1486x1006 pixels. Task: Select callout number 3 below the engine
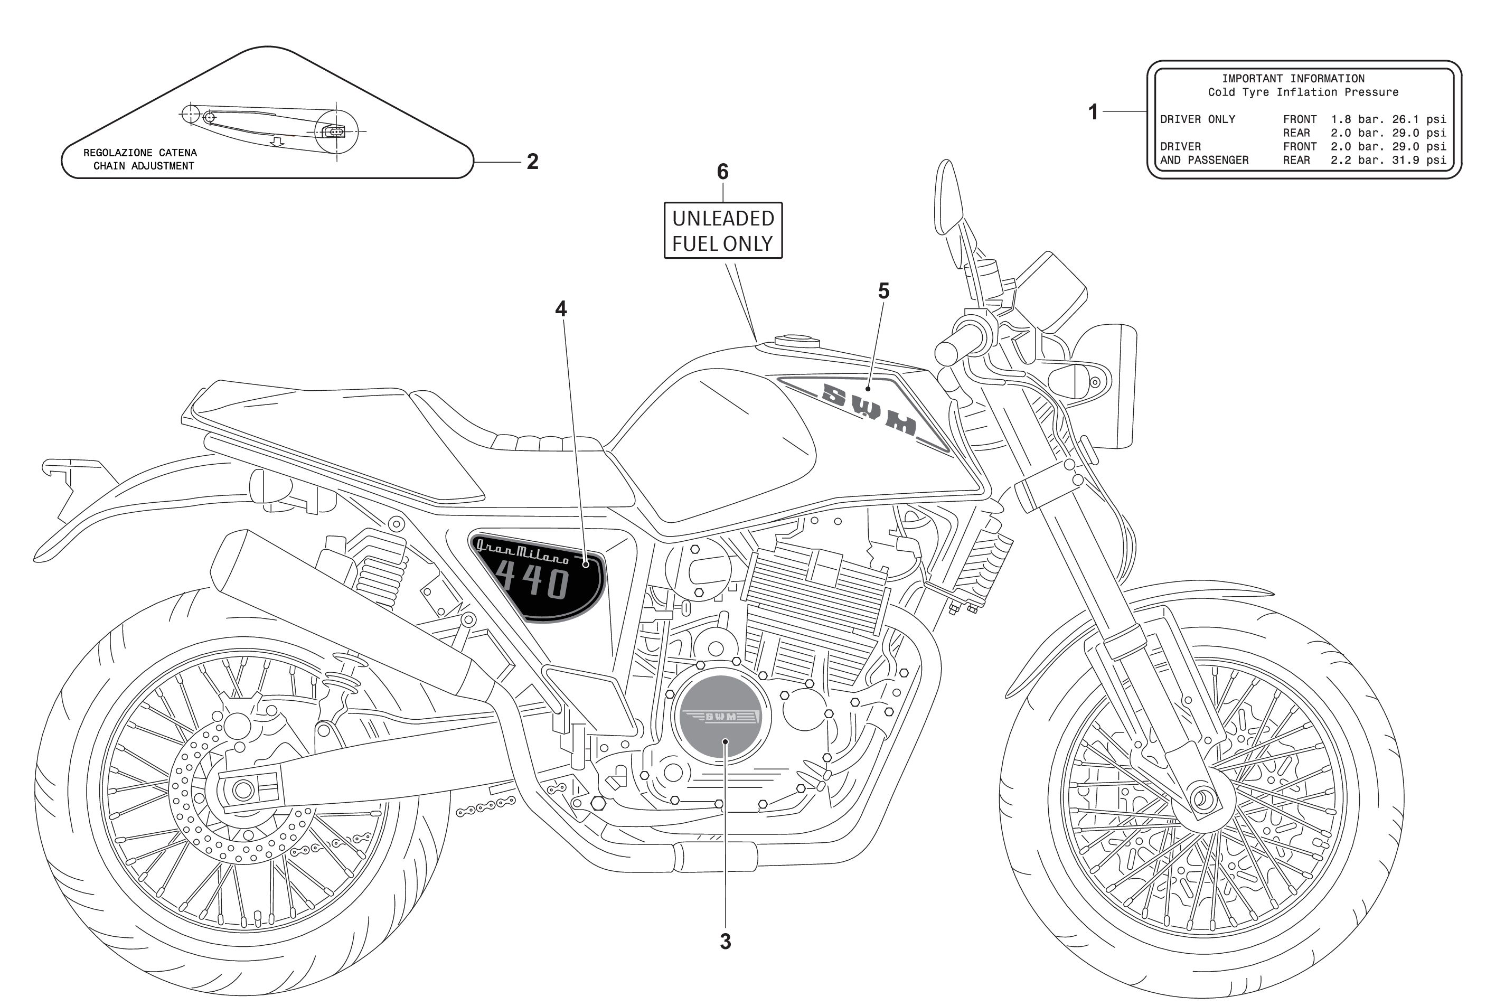click(x=725, y=942)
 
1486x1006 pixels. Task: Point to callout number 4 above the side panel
click(x=561, y=309)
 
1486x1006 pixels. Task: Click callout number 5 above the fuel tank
click(x=883, y=292)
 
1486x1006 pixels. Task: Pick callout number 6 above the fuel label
click(x=722, y=172)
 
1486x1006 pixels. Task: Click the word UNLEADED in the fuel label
click(x=723, y=219)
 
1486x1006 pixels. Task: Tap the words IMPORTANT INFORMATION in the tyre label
click(x=1293, y=79)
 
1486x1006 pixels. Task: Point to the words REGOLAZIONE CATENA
click(x=140, y=153)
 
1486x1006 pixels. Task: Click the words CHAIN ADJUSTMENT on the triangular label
click(x=144, y=166)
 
